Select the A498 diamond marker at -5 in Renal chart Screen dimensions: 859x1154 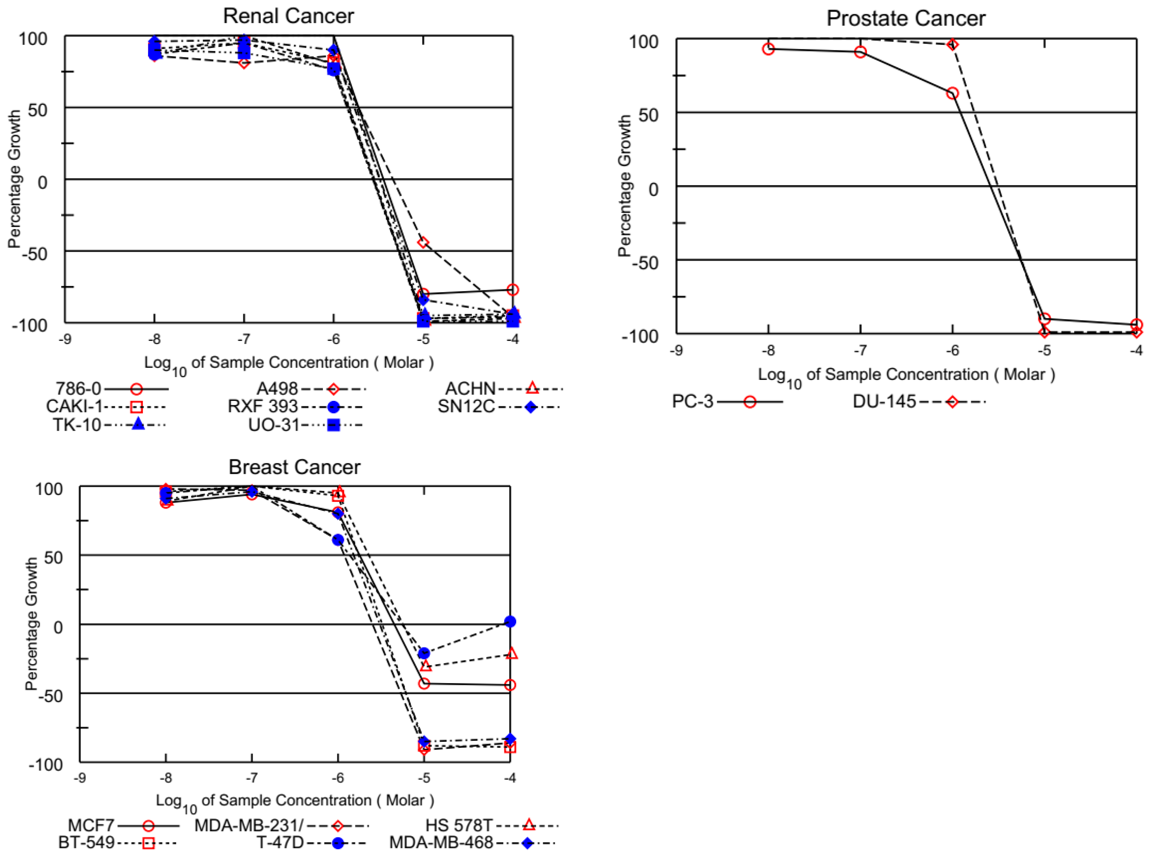click(x=423, y=242)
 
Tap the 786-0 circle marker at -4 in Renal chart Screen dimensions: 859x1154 click(x=513, y=290)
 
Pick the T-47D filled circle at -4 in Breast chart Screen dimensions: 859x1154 click(x=510, y=621)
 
